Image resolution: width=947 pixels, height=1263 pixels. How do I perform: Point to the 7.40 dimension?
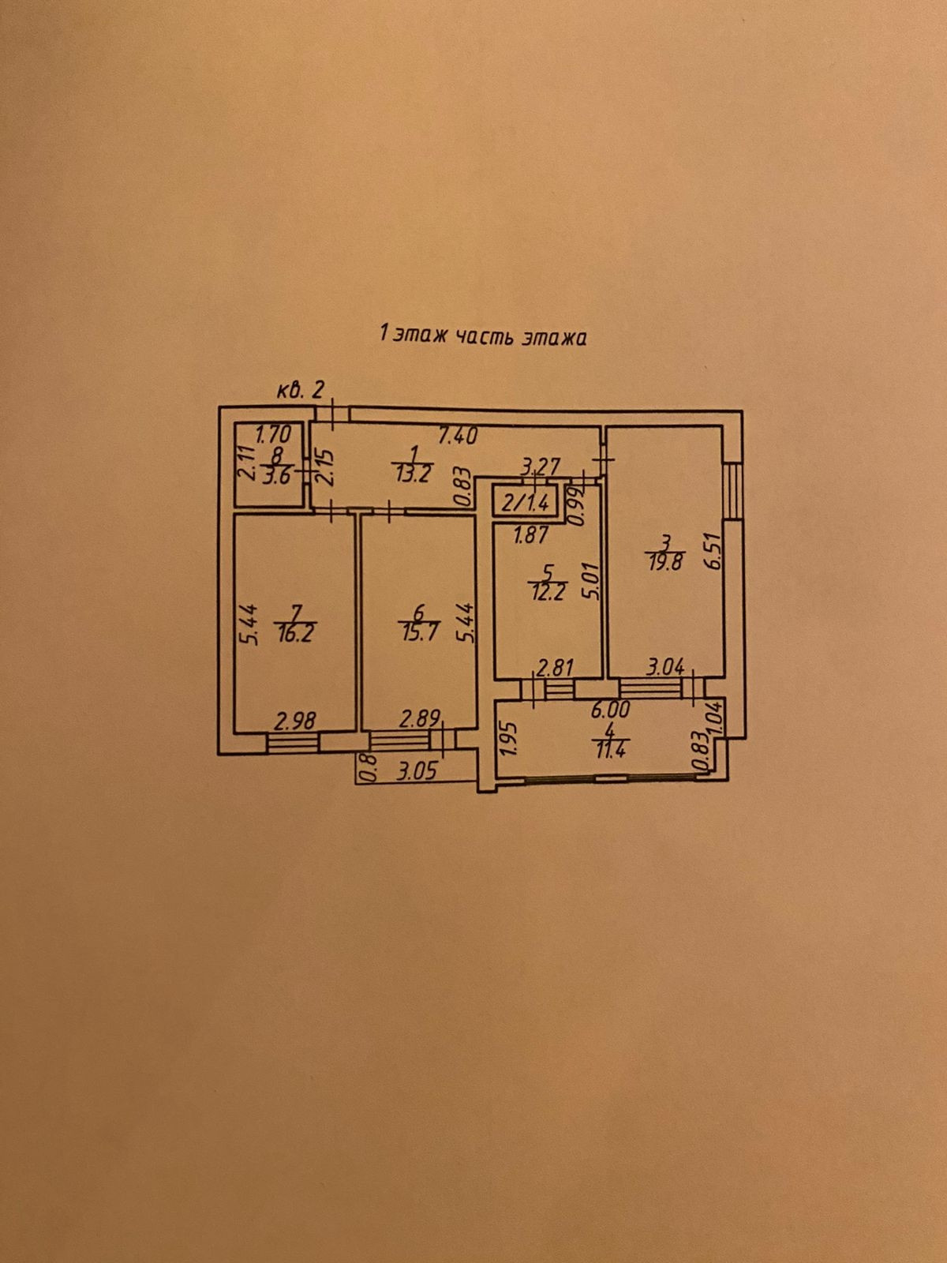(459, 434)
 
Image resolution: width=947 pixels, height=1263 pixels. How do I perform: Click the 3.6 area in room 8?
(278, 475)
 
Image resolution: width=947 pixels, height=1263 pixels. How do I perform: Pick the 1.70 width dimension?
(275, 433)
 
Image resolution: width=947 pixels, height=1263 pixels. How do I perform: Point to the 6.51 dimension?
(715, 553)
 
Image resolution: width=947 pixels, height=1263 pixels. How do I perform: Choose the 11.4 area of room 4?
(612, 750)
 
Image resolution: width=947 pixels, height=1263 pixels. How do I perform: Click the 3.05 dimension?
(416, 770)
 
